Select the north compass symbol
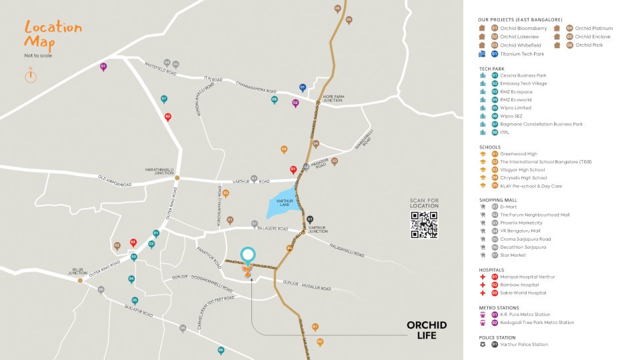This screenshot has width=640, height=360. pyautogui.click(x=30, y=75)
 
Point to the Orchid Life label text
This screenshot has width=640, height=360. pyautogui.click(x=427, y=330)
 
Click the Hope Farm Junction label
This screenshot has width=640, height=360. pyautogui.click(x=335, y=98)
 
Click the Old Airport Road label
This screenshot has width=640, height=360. pyautogui.click(x=115, y=181)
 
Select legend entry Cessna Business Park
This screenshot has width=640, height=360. pyautogui.click(x=523, y=75)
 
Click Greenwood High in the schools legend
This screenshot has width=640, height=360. pyautogui.click(x=519, y=154)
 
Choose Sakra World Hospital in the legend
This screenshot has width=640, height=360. pyautogui.click(x=523, y=293)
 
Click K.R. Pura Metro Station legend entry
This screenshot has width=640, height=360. pyautogui.click(x=525, y=315)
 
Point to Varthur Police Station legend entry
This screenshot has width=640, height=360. pyautogui.click(x=523, y=345)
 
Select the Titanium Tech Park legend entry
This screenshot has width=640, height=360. pyautogui.click(x=522, y=53)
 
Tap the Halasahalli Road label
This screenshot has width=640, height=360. pyautogui.click(x=347, y=250)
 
